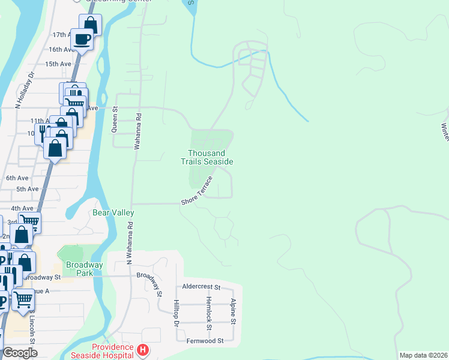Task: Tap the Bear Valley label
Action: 113,212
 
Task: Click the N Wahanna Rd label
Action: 129,241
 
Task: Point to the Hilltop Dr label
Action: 176,314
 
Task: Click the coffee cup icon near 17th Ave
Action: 82,40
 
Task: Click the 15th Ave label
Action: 58,64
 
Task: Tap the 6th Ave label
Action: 17,178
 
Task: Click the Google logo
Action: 20,353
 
